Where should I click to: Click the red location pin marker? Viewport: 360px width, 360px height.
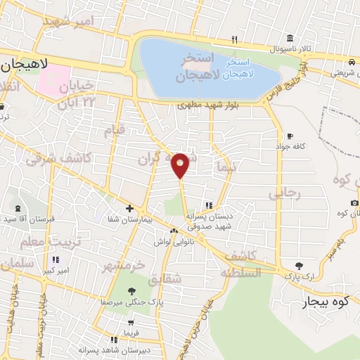coord(180,165)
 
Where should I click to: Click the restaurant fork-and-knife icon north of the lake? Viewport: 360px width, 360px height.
coord(235,39)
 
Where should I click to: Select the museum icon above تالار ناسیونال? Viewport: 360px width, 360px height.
coord(290,39)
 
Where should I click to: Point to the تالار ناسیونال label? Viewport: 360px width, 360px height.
coord(285,49)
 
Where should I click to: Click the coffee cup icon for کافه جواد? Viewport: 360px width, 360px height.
coord(290,136)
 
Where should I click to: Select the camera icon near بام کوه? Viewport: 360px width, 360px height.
coord(354,203)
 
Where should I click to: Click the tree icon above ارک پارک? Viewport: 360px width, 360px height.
coord(300,265)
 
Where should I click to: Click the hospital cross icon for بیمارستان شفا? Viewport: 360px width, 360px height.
coord(129,208)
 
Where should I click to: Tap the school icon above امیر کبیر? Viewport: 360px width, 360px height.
coord(56,259)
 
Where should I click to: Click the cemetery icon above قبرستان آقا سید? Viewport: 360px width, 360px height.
coord(18,209)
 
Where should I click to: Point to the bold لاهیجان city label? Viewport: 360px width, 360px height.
coord(24,65)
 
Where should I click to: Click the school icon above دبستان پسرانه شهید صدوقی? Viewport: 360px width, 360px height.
coord(208,206)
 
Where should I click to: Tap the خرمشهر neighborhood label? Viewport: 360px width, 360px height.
coord(124,266)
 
